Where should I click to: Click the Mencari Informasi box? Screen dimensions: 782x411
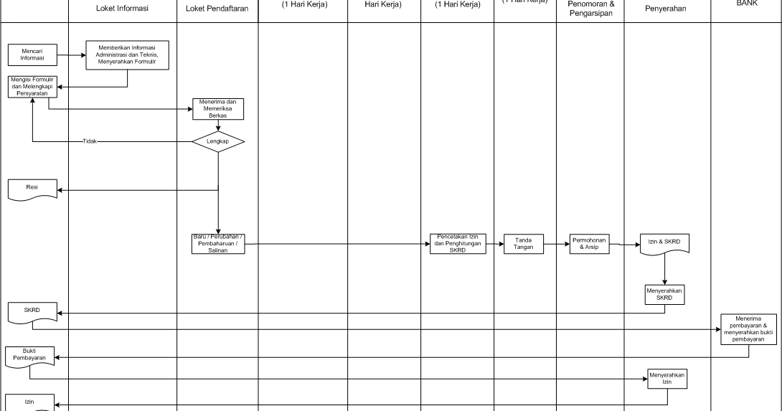(32, 55)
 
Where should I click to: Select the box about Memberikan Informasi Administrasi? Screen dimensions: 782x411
(128, 55)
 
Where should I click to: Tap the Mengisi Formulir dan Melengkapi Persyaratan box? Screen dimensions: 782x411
(32, 87)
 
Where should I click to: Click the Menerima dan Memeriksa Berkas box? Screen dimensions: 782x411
(218, 108)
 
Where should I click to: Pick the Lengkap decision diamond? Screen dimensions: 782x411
(218, 142)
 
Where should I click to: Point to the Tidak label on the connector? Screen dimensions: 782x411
(89, 142)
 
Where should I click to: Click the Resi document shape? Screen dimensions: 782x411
(32, 188)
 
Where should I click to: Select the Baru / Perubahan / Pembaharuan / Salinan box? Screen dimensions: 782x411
(218, 244)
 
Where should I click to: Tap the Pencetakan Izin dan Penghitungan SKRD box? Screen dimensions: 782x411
(457, 243)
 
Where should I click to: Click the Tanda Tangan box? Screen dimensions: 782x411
(524, 244)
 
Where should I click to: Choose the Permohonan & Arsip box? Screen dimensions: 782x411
(590, 243)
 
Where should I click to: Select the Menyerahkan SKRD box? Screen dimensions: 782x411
(664, 295)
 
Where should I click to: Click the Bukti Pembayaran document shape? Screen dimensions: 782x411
(29, 355)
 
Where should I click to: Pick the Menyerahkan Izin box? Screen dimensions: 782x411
(667, 379)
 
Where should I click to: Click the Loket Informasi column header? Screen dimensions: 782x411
(122, 9)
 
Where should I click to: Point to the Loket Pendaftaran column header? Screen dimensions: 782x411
(217, 9)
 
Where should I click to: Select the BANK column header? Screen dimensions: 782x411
(746, 4)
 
